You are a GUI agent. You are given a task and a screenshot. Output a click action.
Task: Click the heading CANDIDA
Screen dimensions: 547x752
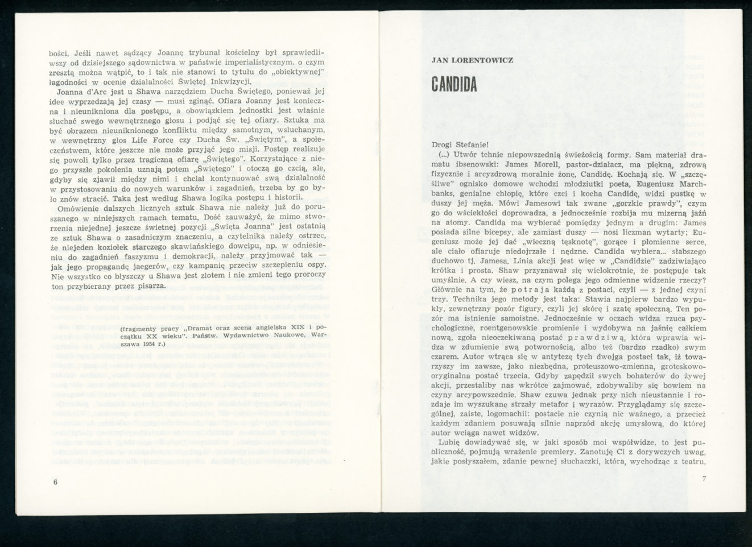pos(454,82)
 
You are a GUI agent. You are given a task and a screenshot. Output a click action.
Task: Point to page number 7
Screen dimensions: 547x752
pos(704,479)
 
